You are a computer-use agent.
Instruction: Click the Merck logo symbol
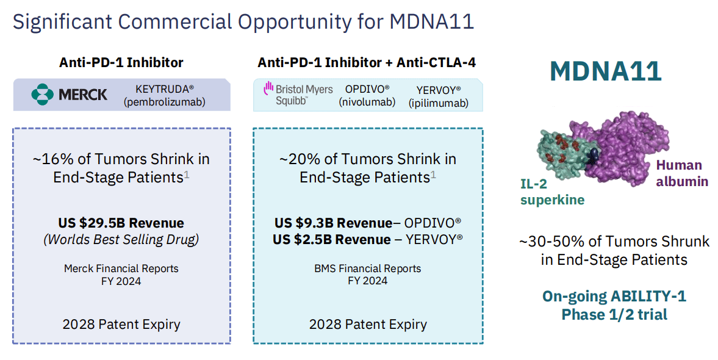[43, 95]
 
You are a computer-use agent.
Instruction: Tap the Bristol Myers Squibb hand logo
[267, 90]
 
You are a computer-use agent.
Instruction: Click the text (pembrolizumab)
[164, 102]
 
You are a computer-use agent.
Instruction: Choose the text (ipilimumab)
[438, 103]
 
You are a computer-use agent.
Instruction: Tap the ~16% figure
[49, 159]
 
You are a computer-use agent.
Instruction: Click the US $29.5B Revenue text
[121, 223]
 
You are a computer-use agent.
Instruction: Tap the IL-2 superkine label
[551, 191]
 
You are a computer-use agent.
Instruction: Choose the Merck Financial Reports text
[121, 268]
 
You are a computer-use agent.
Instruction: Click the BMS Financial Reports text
[368, 268]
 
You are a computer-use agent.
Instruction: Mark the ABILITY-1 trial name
[648, 297]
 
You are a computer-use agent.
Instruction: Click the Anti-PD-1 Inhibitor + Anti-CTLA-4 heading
[366, 62]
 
